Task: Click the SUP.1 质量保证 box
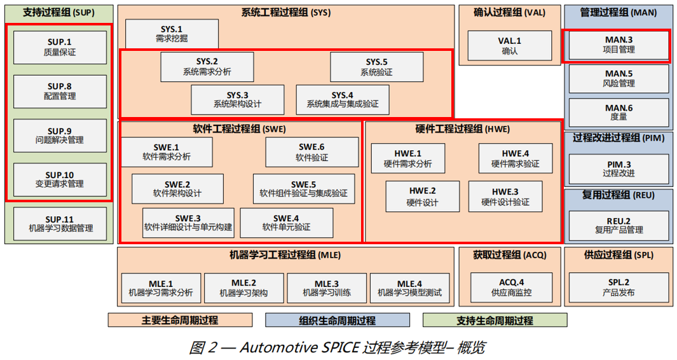[60, 48]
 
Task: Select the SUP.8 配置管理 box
[60, 92]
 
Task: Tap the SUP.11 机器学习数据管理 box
[60, 223]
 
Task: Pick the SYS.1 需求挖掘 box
[172, 34]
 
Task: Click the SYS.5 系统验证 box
[376, 67]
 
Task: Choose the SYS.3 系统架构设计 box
[237, 99]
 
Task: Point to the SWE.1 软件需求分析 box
[167, 152]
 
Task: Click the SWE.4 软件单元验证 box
[286, 223]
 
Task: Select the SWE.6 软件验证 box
[311, 152]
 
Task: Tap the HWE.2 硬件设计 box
[422, 197]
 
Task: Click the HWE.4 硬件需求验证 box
[515, 158]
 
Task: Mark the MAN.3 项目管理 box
[619, 45]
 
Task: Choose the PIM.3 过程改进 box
[619, 169]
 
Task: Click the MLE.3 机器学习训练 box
[327, 288]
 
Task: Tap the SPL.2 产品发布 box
[619, 288]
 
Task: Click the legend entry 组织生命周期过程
[337, 321]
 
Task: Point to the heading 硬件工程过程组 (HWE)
[462, 129]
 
